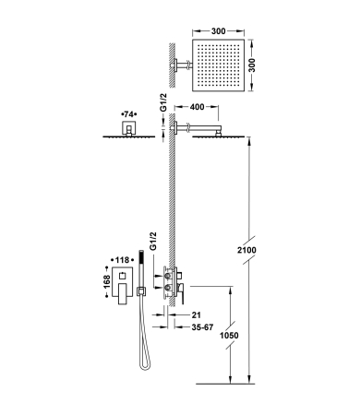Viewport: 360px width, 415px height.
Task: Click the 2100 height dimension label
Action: coord(246,250)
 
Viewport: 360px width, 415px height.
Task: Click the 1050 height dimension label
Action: coord(229,335)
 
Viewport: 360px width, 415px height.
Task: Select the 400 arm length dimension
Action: coord(197,107)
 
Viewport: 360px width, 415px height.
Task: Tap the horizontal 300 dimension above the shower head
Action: coord(219,31)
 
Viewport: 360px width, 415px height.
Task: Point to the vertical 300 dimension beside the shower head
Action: coord(252,65)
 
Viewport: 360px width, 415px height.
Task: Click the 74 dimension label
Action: coord(129,114)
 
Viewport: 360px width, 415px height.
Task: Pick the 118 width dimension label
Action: coord(122,260)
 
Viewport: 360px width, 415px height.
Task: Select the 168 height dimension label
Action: coord(107,281)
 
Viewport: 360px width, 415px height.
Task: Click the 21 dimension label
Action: coord(196,314)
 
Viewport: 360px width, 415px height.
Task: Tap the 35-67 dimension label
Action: coord(202,327)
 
